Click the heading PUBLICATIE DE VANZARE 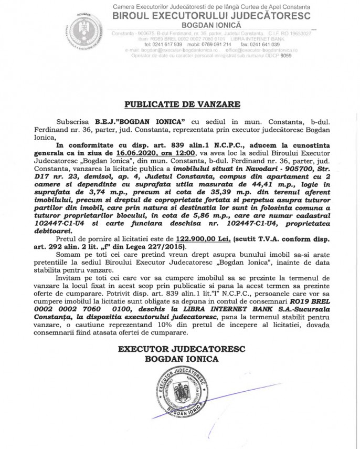point(180,104)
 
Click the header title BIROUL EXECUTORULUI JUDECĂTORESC point(211,16)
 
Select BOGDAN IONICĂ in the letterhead point(210,25)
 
